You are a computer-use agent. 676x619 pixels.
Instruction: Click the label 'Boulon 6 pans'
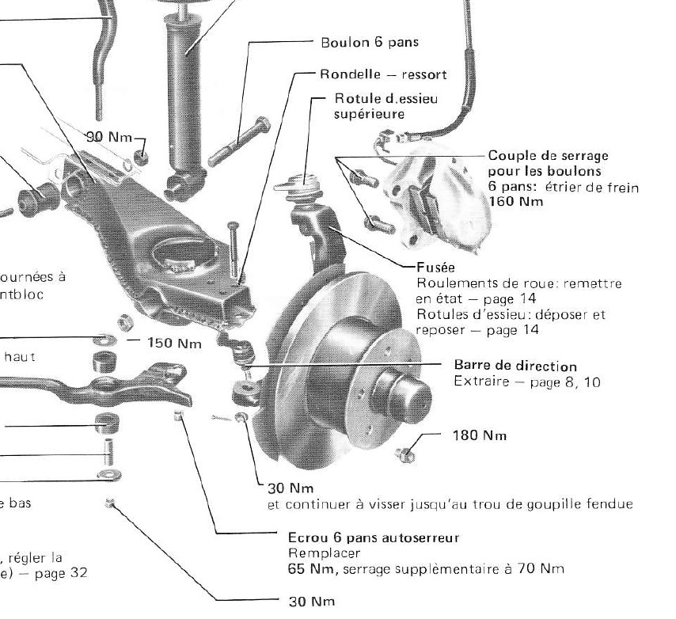pyautogui.click(x=369, y=43)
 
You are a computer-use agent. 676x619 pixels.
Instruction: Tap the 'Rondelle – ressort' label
pyautogui.click(x=383, y=75)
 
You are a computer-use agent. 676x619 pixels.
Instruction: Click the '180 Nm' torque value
pyautogui.click(x=479, y=435)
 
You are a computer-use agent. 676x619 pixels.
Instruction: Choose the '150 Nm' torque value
pyautogui.click(x=174, y=344)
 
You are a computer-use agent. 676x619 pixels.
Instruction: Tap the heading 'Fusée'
pyautogui.click(x=432, y=268)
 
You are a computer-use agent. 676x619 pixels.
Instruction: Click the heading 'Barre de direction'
pyautogui.click(x=515, y=366)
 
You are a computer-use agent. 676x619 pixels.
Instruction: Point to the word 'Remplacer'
pyautogui.click(x=313, y=553)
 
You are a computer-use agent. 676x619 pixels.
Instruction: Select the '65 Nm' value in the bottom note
pyautogui.click(x=302, y=568)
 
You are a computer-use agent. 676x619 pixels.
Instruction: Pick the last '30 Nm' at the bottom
pyautogui.click(x=307, y=602)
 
